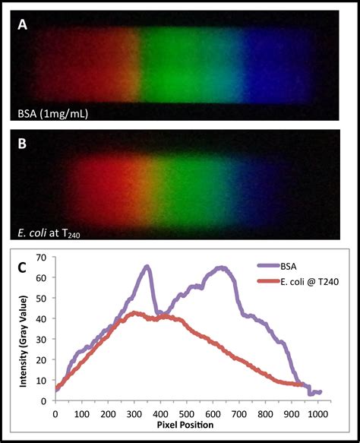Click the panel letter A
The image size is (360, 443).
tap(23, 24)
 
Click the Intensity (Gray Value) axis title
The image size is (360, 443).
tap(23, 331)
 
